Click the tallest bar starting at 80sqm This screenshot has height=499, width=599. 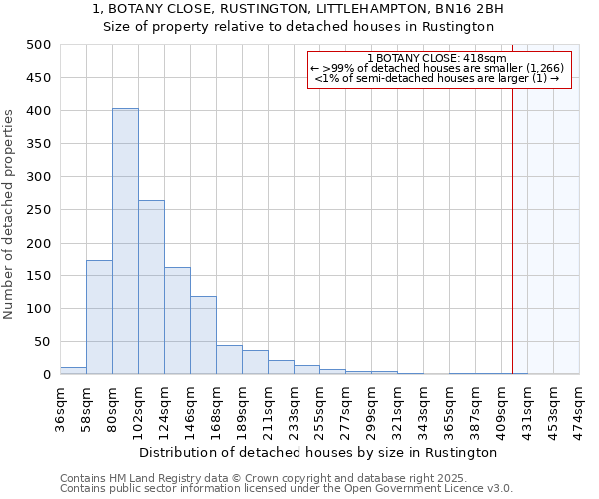pyautogui.click(x=125, y=242)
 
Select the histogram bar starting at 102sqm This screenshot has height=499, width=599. pyautogui.click(x=151, y=287)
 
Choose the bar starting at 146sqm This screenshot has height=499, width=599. pyautogui.click(x=203, y=335)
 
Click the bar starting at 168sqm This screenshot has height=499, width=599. pyautogui.click(x=229, y=360)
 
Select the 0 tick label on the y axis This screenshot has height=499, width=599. pyautogui.click(x=46, y=375)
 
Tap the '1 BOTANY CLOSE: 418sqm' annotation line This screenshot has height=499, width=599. pyautogui.click(x=437, y=58)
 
